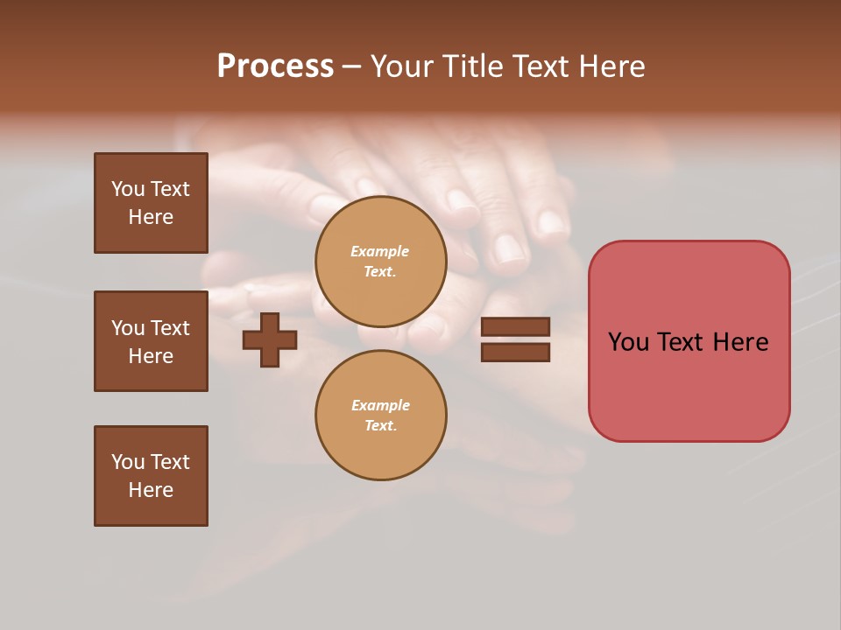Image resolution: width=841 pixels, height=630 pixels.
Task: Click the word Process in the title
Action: (x=275, y=66)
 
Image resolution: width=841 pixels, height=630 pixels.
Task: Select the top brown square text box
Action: (x=151, y=203)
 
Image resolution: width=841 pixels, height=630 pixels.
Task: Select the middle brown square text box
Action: (x=151, y=341)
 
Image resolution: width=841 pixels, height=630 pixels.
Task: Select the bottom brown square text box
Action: (x=151, y=476)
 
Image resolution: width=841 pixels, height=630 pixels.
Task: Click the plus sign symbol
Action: (x=270, y=339)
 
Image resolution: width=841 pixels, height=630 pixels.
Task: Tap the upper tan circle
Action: (x=380, y=262)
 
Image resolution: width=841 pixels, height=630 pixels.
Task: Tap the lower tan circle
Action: (x=380, y=416)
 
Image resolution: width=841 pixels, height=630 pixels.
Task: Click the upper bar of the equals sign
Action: (x=515, y=327)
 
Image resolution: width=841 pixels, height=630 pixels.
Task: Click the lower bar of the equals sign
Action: (x=515, y=353)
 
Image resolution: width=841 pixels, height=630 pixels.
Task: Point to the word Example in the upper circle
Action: (x=380, y=252)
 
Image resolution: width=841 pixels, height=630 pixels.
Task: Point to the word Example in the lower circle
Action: (x=380, y=406)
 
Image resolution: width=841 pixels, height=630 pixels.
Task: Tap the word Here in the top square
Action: (x=151, y=217)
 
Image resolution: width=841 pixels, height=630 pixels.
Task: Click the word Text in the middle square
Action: (x=170, y=328)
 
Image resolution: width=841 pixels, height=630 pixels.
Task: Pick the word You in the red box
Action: (x=628, y=342)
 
